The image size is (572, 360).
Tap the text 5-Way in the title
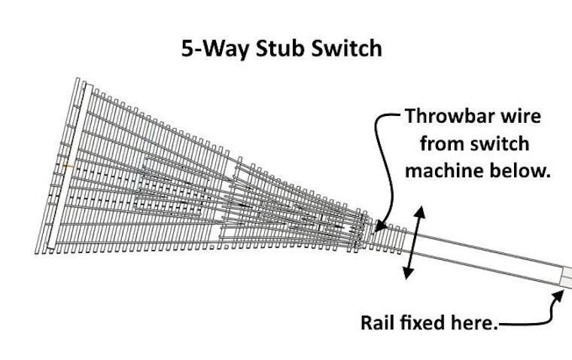208,50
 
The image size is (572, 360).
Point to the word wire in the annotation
526,117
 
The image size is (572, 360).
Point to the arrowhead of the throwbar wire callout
379,227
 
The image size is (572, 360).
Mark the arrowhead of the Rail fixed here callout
560,295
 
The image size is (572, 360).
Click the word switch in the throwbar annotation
490,144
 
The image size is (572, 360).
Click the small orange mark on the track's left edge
67,165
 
